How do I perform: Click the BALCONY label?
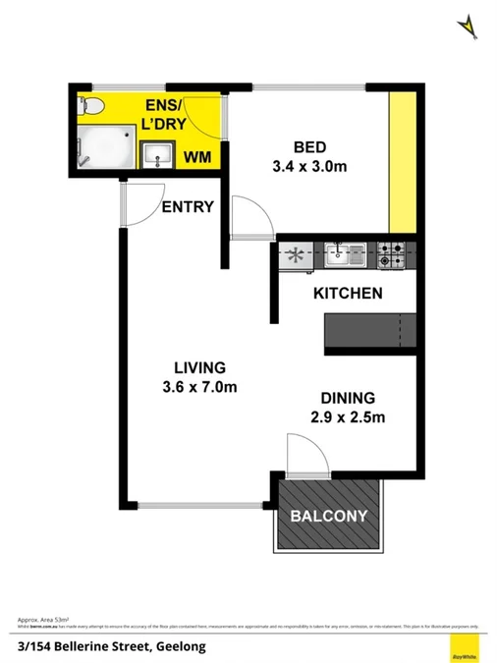328,516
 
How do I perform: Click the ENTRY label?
189,206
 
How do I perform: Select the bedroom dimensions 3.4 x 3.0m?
309,166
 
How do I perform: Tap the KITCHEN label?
347,293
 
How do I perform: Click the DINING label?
349,399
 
